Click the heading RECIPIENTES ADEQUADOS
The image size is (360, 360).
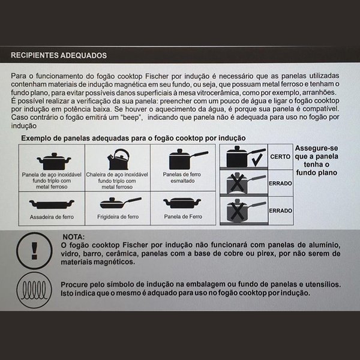point(59,55)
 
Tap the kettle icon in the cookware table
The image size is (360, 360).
point(118,160)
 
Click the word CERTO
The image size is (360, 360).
point(280,156)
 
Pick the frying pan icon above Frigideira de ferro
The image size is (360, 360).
point(118,203)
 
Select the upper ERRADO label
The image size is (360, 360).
point(280,182)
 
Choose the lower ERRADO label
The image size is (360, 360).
point(280,211)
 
